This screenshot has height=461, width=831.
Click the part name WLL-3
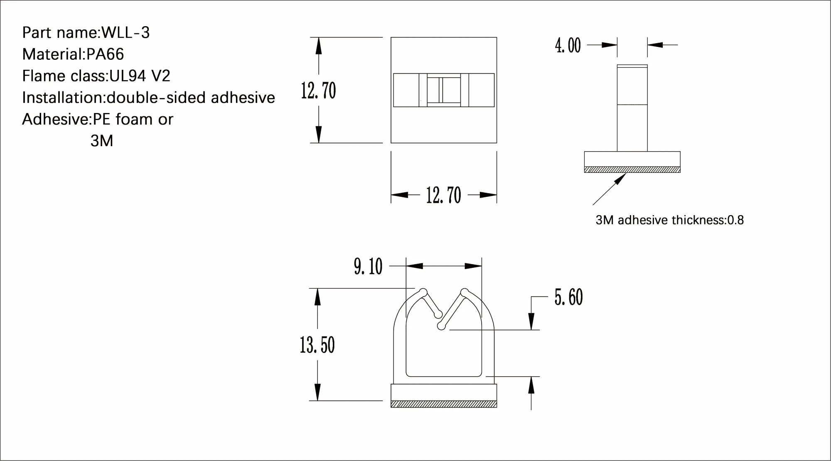(x=125, y=32)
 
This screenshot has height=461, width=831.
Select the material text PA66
(x=105, y=54)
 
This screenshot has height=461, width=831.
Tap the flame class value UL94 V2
(x=140, y=76)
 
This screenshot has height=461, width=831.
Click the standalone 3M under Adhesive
(x=102, y=141)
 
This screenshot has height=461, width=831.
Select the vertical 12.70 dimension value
(x=318, y=91)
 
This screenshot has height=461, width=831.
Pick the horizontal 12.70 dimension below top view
(x=443, y=195)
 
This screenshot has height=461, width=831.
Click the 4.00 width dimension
(x=568, y=45)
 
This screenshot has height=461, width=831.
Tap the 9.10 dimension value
(x=368, y=266)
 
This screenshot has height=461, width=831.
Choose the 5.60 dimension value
(x=568, y=297)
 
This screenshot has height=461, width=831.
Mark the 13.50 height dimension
(x=317, y=345)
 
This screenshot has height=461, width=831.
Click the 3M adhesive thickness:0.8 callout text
(x=669, y=220)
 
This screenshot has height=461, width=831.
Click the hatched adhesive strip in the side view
(x=632, y=169)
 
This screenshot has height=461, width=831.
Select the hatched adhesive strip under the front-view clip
(x=444, y=404)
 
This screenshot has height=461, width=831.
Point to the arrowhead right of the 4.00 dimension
(x=654, y=45)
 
